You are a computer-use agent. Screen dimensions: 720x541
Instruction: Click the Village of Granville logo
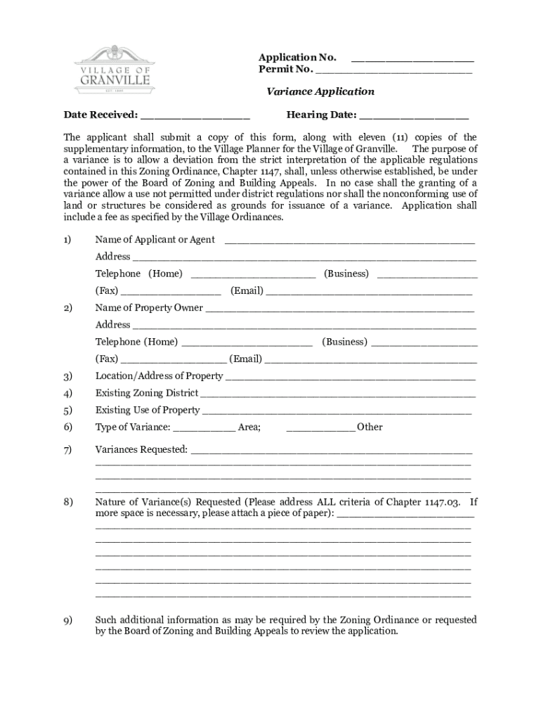point(112,71)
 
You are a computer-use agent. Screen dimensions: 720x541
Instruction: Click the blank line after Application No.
point(412,58)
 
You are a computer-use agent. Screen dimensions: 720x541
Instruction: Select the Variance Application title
point(320,91)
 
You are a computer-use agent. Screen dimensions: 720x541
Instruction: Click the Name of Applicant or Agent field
point(349,241)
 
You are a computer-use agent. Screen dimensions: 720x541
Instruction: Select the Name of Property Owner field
point(339,309)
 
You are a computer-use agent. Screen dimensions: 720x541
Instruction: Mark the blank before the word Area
point(204,428)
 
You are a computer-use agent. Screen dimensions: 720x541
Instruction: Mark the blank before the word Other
point(321,428)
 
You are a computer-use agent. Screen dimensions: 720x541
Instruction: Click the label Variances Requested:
point(141,449)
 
